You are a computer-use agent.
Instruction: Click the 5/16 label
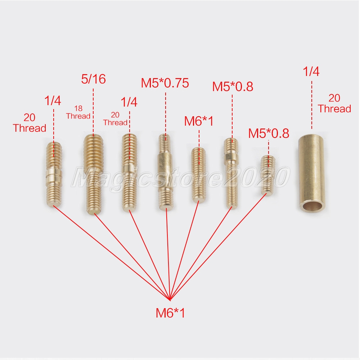[x=94, y=79]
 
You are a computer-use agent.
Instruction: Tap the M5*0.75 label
[x=165, y=83]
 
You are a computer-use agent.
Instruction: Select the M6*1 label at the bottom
[x=170, y=313]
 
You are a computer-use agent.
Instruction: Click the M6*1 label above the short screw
[x=199, y=121]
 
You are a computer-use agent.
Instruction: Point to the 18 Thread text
[x=78, y=112]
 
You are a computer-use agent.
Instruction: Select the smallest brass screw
[x=268, y=175]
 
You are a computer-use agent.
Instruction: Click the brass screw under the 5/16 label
[x=94, y=175]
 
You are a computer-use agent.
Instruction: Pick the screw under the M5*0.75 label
[x=166, y=172]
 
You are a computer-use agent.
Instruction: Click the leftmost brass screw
[x=54, y=175]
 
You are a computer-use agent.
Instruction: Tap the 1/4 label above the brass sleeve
[x=311, y=71]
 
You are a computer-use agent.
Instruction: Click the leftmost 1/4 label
[x=53, y=100]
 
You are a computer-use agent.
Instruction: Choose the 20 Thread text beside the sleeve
[x=334, y=104]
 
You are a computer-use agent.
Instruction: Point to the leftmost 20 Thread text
[x=30, y=123]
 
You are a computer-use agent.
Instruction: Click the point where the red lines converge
[x=170, y=300]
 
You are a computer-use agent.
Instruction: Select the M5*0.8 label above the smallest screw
[x=269, y=134]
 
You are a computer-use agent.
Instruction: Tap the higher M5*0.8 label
[x=233, y=86]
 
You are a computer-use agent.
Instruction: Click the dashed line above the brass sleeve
[x=311, y=105]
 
